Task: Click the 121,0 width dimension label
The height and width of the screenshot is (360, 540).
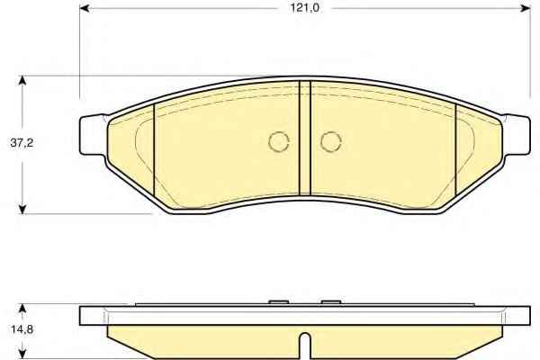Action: point(305,8)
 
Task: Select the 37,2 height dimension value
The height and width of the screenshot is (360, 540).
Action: point(22,142)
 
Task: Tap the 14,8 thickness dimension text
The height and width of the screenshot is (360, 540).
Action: point(22,329)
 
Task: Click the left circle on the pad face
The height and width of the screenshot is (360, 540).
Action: point(279,141)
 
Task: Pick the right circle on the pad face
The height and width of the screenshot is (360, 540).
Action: point(331,141)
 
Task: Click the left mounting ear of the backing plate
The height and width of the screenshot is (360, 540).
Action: point(93,135)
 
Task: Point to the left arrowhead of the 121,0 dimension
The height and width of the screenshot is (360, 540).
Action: point(85,8)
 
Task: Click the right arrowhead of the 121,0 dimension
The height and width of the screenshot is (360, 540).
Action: point(525,8)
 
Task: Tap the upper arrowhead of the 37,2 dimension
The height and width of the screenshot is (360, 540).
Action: point(22,81)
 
